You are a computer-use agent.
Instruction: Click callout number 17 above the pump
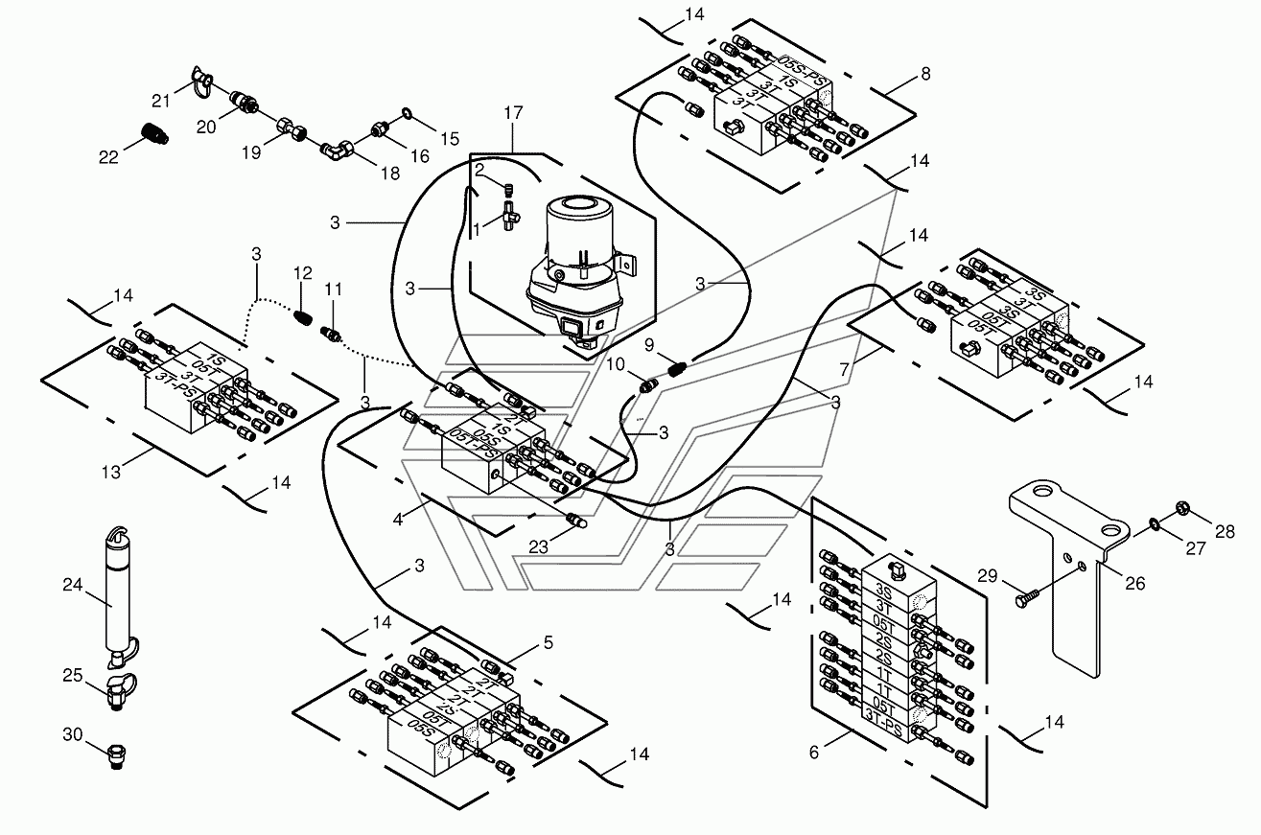[513, 113]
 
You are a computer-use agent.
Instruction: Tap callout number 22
[108, 157]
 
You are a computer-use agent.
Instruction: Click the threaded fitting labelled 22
[152, 133]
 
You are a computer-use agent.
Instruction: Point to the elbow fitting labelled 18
[336, 151]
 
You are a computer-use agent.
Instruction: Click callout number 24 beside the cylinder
[73, 585]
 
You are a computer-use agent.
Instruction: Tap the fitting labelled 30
[117, 756]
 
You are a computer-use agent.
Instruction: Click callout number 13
[111, 472]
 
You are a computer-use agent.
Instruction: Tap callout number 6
[814, 753]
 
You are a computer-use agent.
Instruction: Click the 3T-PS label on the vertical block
[883, 731]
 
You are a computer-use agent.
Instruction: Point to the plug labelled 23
[576, 520]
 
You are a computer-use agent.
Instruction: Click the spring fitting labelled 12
[303, 317]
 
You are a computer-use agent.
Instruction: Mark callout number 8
[926, 74]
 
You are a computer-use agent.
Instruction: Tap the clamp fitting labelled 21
[201, 81]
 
